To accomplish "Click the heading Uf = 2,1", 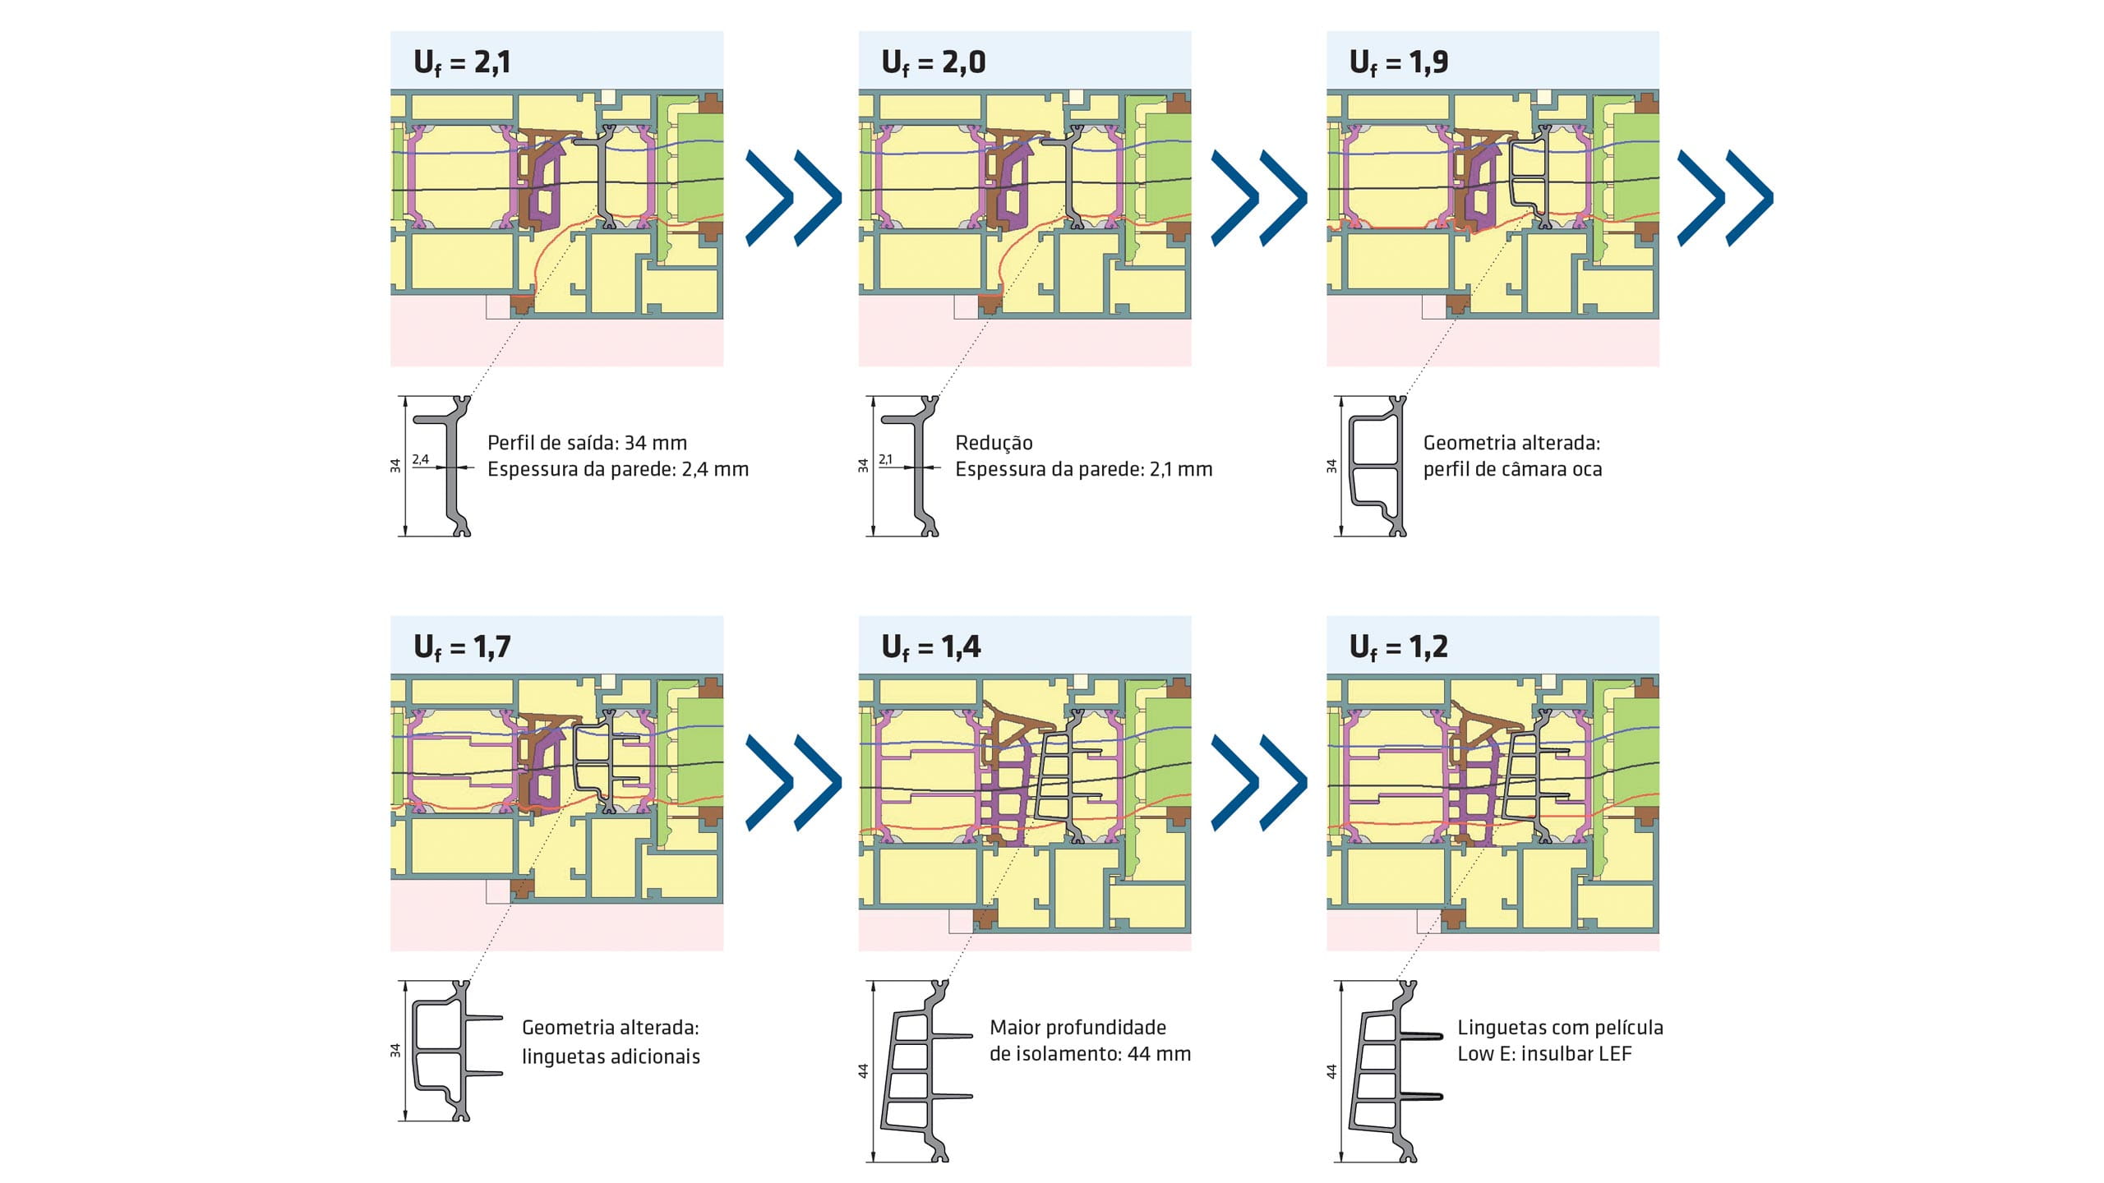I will (462, 62).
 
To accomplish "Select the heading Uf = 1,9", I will (1399, 62).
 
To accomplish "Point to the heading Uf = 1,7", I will (462, 647).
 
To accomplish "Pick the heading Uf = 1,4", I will (931, 647).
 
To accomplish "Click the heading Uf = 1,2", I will (1399, 647).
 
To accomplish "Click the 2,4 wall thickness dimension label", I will (420, 459).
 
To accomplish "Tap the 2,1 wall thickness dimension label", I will (885, 459).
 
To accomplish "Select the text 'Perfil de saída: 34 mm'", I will (587, 443).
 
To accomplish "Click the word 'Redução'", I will (994, 443).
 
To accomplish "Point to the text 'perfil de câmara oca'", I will (1512, 469).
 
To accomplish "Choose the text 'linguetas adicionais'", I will (611, 1056).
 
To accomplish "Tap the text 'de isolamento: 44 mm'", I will (1090, 1054).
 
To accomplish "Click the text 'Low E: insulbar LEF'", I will (1544, 1054).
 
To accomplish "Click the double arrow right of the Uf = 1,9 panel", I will (1725, 197).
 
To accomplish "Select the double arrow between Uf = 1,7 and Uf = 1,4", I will (793, 782).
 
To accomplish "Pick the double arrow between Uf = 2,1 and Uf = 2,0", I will (793, 197).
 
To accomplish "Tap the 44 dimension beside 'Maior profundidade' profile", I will (863, 1071).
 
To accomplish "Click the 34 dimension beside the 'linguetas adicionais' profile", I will (395, 1050).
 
